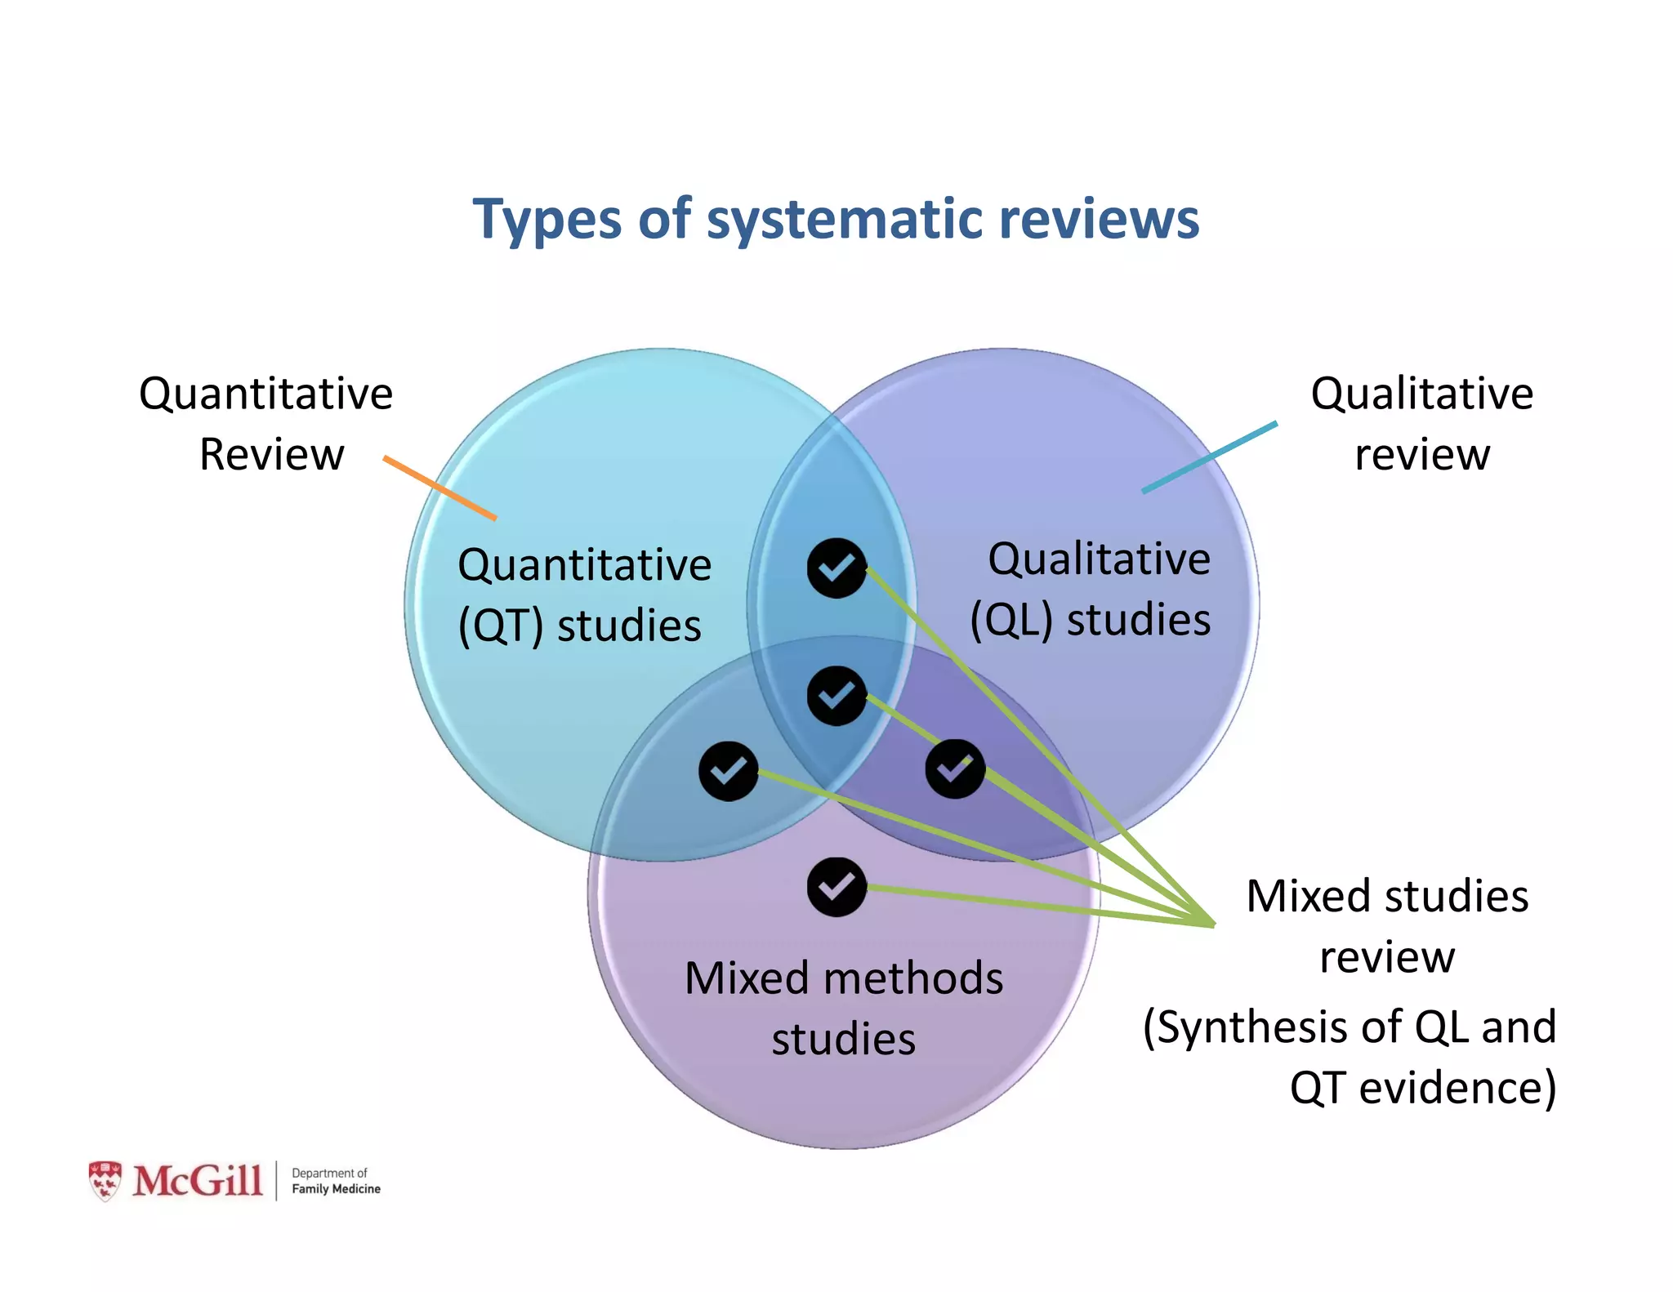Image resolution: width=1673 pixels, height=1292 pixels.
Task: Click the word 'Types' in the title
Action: pyautogui.click(x=547, y=221)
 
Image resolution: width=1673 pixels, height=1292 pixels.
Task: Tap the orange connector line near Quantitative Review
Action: pyautogui.click(x=439, y=488)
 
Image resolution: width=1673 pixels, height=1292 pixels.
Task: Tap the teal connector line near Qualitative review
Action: pyautogui.click(x=1209, y=457)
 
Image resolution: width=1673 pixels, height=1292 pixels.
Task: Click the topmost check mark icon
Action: pyautogui.click(x=836, y=568)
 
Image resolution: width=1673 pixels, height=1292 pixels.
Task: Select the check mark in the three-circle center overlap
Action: pyautogui.click(x=836, y=696)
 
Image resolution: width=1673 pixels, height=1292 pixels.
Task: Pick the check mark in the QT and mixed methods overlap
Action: pyautogui.click(x=728, y=771)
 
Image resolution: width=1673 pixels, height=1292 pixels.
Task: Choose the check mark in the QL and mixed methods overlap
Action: pyautogui.click(x=954, y=769)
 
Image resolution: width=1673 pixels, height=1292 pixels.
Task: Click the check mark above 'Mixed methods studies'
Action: pyautogui.click(x=836, y=887)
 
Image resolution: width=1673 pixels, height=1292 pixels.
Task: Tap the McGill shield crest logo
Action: pyautogui.click(x=105, y=1180)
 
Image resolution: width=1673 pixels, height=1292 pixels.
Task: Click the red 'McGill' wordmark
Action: pyautogui.click(x=198, y=1181)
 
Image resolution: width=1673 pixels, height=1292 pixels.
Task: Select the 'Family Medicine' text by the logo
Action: pyautogui.click(x=336, y=1189)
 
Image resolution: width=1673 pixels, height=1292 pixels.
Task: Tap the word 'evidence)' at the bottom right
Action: pyautogui.click(x=1457, y=1089)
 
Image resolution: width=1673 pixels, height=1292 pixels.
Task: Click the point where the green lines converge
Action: pyautogui.click(x=1213, y=924)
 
